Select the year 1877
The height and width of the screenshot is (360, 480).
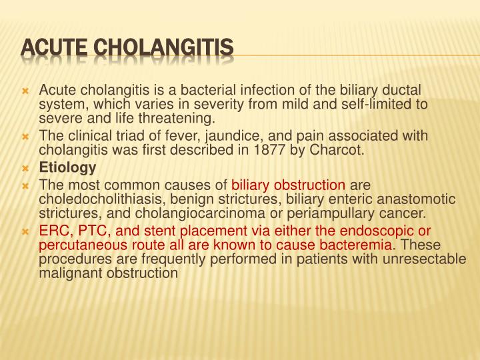pyautogui.click(x=275, y=150)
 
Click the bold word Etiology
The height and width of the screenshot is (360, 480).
pyautogui.click(x=67, y=167)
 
